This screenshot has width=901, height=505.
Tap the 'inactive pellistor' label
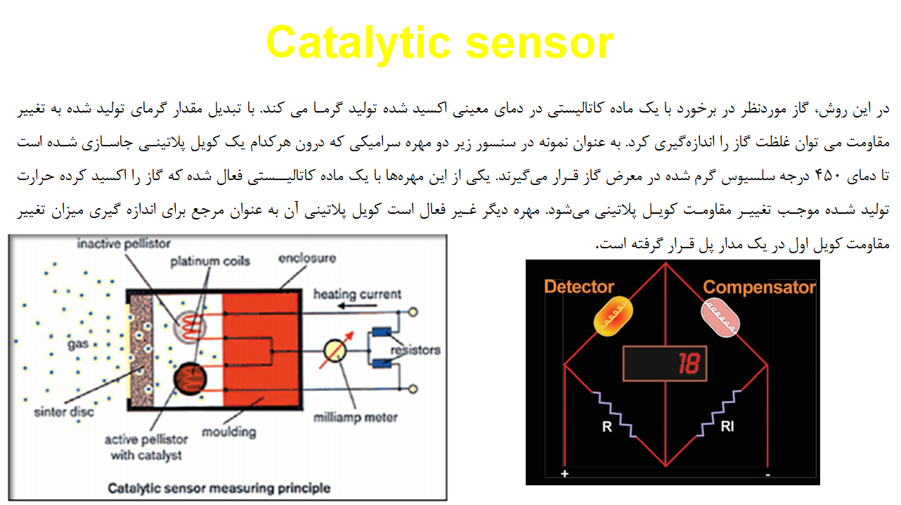(x=124, y=244)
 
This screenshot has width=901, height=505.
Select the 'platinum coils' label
(x=210, y=262)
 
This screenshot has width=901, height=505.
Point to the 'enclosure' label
(x=307, y=258)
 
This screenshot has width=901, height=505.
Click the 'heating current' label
(x=357, y=294)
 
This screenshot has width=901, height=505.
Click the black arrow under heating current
(x=357, y=306)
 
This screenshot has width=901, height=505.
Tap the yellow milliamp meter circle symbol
(x=335, y=351)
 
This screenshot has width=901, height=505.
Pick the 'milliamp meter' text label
(x=356, y=418)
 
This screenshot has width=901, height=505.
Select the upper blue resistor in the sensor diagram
(x=382, y=333)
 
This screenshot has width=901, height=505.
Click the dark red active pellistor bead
(x=190, y=379)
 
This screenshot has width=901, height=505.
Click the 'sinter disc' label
(x=64, y=412)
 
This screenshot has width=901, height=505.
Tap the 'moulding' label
(x=229, y=433)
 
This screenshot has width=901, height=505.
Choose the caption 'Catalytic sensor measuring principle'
(x=219, y=489)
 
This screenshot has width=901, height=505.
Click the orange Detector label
(x=579, y=287)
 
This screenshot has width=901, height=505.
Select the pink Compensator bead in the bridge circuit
(x=720, y=317)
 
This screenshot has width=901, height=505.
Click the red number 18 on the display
(x=689, y=364)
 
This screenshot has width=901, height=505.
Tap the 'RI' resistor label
(x=727, y=426)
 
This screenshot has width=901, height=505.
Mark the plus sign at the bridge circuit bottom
(x=565, y=473)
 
